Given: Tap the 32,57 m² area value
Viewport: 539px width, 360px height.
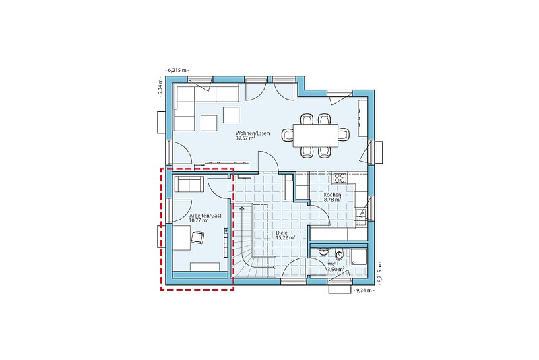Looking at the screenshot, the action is tap(245, 138).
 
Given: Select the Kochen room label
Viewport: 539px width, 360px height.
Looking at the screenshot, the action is tap(332, 195).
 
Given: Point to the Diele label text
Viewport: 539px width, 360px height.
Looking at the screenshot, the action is tap(282, 233).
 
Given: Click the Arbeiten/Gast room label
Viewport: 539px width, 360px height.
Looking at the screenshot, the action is tap(205, 216).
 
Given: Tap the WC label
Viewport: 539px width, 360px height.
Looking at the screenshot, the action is tap(331, 264).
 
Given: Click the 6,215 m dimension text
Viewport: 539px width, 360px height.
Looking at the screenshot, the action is tap(177, 70).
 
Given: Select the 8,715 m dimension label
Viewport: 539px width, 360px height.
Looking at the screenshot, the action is tap(380, 272).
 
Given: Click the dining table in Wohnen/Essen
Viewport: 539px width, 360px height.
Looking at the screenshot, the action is tap(315, 135).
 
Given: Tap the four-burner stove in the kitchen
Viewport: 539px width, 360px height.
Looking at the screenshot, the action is tap(340, 178).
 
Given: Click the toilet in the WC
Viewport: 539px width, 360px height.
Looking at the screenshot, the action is tap(340, 255).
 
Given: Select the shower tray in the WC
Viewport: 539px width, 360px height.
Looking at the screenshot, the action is tap(358, 257).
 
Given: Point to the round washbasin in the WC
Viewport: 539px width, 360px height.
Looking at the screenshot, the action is tap(323, 251).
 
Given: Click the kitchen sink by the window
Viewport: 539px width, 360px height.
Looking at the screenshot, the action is tap(361, 216).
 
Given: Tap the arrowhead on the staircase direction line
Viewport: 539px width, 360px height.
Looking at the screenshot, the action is tap(241, 208).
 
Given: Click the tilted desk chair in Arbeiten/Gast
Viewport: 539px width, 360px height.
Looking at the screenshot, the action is tap(197, 237).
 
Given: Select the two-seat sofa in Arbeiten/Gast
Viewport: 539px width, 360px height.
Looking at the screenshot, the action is tap(189, 184).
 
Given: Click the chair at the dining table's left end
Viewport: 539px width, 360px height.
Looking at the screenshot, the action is tap(287, 134).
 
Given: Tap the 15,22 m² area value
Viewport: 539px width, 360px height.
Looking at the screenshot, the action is tap(286, 237).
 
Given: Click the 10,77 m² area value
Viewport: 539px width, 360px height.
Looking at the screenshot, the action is tap(199, 220).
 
